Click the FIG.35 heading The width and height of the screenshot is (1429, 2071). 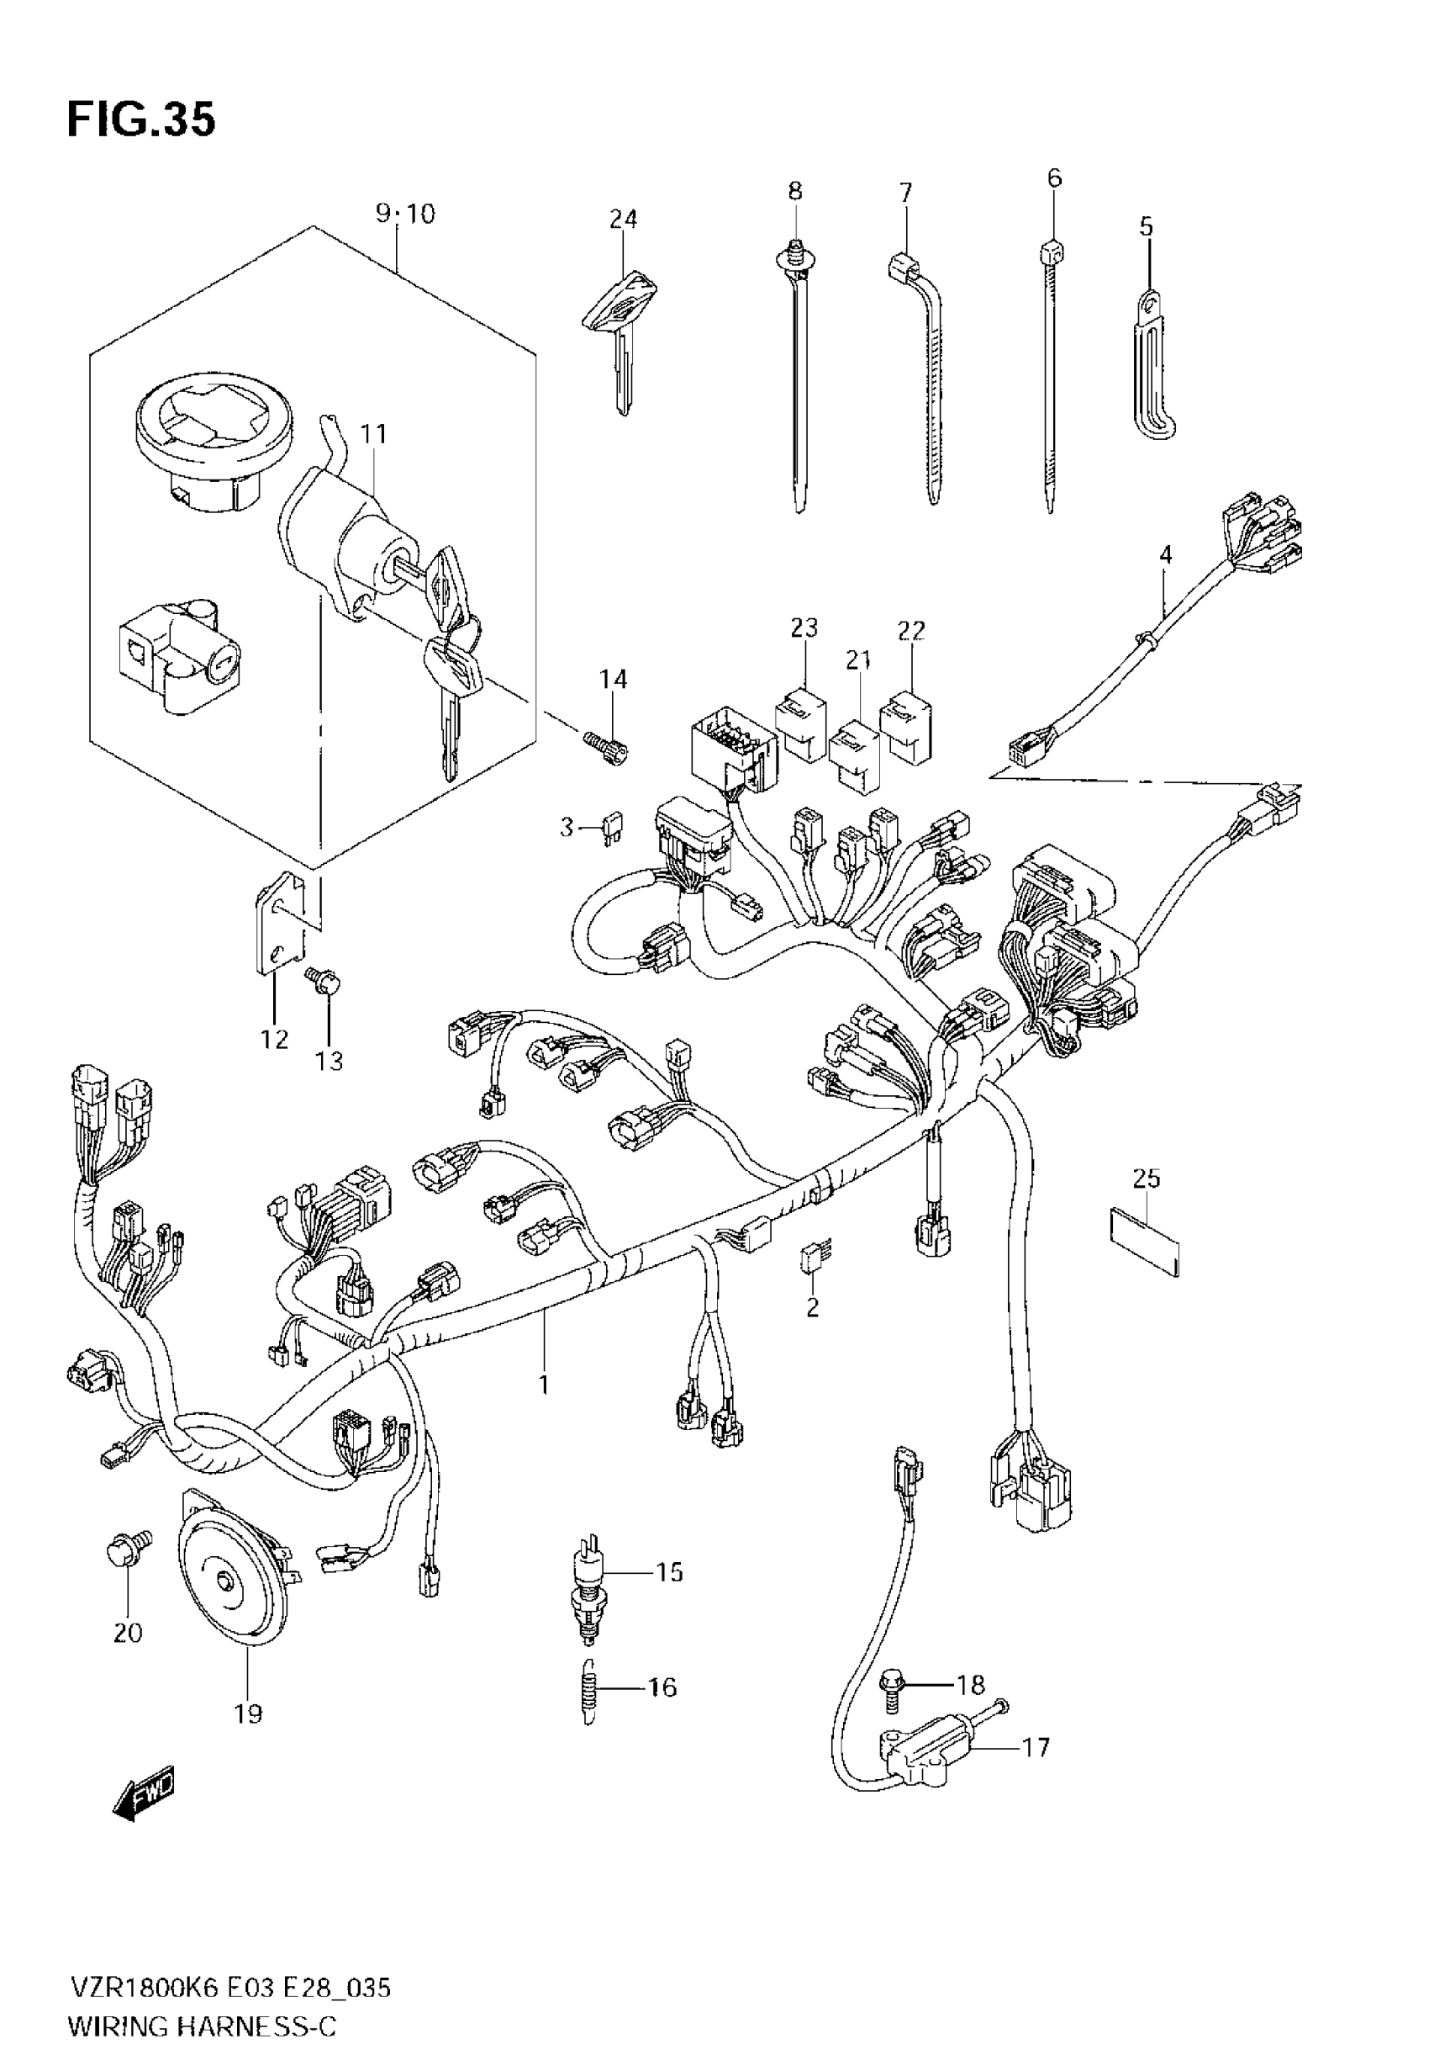point(141,120)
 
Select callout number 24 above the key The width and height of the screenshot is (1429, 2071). point(623,219)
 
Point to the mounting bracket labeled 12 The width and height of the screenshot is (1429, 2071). point(279,923)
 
